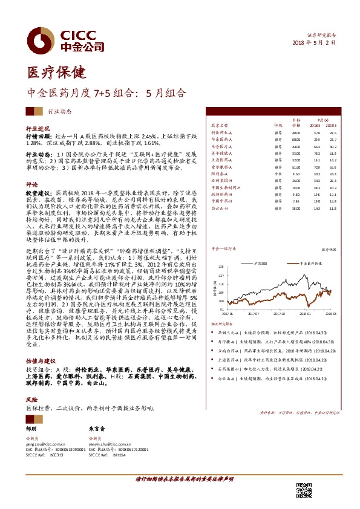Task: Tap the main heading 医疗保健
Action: (x=45, y=73)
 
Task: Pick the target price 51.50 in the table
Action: (x=296, y=166)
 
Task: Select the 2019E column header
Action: (x=331, y=126)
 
